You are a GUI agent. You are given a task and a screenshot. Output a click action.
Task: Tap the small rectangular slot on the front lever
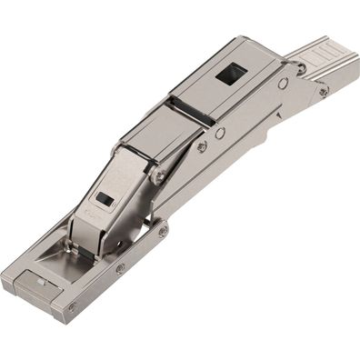tap(105, 199)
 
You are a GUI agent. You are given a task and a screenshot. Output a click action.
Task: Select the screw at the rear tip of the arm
tap(324, 92)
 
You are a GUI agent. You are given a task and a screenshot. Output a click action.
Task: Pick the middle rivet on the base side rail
tap(120, 269)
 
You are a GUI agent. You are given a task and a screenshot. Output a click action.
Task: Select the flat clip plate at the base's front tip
tap(36, 284)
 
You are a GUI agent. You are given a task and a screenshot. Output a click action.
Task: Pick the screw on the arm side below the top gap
tap(201, 145)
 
